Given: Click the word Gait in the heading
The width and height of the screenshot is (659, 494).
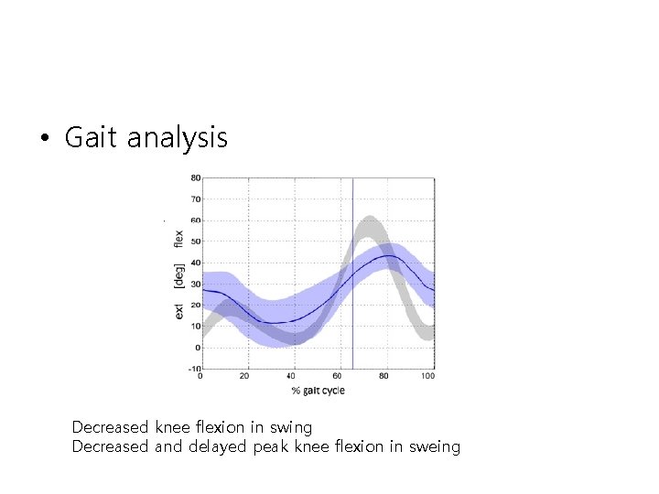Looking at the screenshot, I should (x=92, y=138).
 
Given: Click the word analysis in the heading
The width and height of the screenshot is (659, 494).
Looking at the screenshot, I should (x=177, y=139).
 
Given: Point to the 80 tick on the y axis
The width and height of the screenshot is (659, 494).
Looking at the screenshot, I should (x=195, y=177).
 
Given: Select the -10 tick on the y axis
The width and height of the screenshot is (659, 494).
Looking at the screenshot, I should (x=194, y=369).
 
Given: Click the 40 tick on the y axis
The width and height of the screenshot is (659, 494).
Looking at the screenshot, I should (x=195, y=263).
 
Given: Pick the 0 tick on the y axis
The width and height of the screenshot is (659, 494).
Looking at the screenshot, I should (x=197, y=348).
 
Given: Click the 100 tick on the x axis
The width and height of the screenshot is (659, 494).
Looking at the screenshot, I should (x=427, y=377).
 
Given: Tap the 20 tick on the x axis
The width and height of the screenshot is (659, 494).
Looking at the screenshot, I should (x=244, y=377).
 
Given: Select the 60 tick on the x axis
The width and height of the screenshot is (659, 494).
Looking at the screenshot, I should (x=337, y=377).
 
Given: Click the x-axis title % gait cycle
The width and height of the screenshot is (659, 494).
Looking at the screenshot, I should (x=318, y=391).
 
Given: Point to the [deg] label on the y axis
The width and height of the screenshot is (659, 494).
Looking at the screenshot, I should (x=178, y=274).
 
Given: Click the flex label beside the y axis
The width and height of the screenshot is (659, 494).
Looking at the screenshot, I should (x=178, y=238).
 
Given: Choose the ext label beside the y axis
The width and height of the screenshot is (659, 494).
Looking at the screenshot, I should (x=178, y=312).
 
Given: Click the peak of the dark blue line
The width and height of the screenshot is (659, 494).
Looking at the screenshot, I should (x=389, y=256).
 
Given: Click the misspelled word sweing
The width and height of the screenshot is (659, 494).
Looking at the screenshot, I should (x=435, y=446).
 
